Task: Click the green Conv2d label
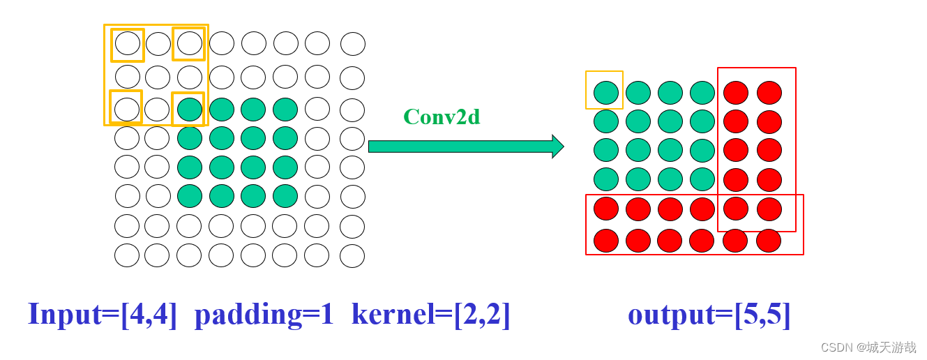click(442, 117)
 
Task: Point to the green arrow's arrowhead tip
click(562, 147)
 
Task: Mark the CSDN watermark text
click(868, 347)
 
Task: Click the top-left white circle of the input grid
click(128, 43)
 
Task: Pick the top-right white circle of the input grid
click(353, 44)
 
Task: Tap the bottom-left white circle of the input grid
click(127, 255)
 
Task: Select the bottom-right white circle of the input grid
click(352, 256)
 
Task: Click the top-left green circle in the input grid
click(190, 110)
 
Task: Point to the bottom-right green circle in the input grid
click(285, 196)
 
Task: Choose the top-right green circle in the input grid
click(285, 110)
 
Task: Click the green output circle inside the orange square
click(606, 93)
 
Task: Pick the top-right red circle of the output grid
click(769, 93)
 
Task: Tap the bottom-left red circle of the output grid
click(606, 241)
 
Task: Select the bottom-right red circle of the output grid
click(769, 241)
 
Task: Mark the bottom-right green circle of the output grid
click(702, 179)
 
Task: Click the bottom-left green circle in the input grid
click(190, 196)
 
